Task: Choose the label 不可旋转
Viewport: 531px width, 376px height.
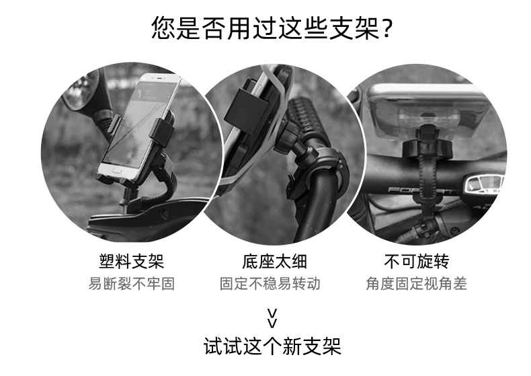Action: pos(417,261)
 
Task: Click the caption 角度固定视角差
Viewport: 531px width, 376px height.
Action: pos(417,284)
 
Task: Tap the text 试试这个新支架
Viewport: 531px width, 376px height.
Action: pos(272,347)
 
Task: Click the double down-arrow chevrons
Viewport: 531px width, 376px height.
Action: pos(272,316)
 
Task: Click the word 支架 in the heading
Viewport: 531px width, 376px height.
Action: pos(359,29)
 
